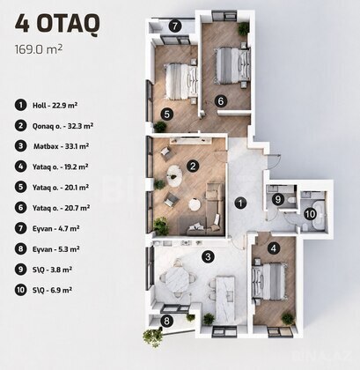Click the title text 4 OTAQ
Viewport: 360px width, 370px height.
coord(57,24)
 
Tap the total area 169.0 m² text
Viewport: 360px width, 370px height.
coord(39,48)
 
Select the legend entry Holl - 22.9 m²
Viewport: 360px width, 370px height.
coord(55,105)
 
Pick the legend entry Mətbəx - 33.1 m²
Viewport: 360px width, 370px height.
coord(61,146)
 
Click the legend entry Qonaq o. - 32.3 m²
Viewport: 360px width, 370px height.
coord(62,126)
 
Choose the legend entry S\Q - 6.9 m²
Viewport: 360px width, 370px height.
coord(52,290)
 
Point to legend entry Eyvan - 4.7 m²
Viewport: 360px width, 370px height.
coord(55,228)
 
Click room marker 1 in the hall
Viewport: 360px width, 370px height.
coord(240,203)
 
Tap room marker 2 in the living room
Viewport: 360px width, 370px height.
coord(193,166)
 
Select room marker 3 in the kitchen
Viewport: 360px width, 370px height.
coord(208,257)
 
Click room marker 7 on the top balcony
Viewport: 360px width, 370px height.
coord(174,26)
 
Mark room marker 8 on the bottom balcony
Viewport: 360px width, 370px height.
coord(166,321)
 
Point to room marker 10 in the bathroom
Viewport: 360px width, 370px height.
coord(310,214)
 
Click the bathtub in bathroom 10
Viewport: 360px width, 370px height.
coord(319,215)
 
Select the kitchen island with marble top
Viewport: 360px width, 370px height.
coord(225,299)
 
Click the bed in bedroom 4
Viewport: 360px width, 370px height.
coord(269,281)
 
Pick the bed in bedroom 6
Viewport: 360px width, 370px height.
coord(233,65)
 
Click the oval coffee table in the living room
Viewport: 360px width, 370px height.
coord(175,176)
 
